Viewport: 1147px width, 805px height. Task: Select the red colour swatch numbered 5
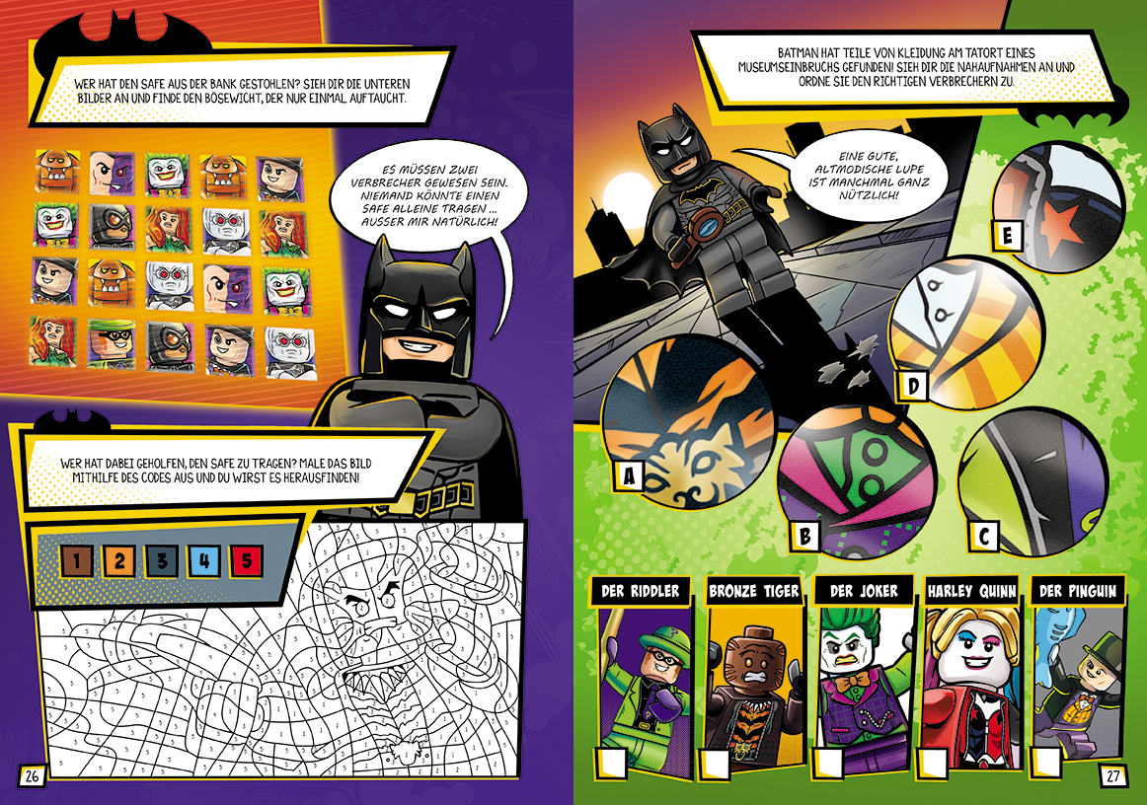(247, 561)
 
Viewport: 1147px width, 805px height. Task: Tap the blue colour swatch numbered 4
(204, 561)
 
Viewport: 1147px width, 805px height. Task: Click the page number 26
(32, 776)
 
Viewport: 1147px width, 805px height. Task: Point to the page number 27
(1112, 775)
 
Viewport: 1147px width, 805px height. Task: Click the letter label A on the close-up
(629, 476)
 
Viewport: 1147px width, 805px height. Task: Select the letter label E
(1008, 236)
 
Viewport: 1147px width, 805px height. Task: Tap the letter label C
(982, 536)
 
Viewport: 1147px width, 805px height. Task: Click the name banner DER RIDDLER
(640, 591)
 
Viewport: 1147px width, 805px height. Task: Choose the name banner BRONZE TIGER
(753, 591)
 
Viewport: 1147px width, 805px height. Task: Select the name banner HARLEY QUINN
(971, 591)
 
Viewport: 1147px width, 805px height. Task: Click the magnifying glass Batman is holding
(705, 227)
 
